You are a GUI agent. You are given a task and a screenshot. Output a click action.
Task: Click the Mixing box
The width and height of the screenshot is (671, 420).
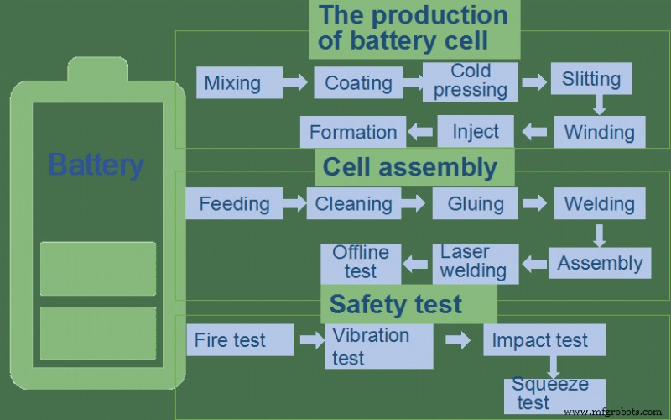coord(232,82)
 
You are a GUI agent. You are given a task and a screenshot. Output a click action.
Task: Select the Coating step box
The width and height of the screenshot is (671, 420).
coord(358,82)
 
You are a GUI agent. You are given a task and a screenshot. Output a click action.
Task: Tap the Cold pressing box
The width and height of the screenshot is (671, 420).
coord(470,81)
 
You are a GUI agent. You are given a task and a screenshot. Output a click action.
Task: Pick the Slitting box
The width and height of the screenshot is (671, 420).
coord(591,80)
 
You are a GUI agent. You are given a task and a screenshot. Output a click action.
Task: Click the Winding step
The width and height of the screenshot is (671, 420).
coord(599,132)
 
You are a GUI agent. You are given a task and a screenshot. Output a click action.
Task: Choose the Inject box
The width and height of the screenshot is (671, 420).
coord(476,131)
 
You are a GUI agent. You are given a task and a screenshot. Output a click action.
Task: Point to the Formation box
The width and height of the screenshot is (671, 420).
coord(352,132)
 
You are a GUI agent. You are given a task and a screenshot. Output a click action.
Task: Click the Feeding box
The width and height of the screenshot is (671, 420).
coord(234,203)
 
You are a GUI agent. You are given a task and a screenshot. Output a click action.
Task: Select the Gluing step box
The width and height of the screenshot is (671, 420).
coord(476,203)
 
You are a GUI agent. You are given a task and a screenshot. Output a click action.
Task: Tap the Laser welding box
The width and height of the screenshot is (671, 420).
coord(473,262)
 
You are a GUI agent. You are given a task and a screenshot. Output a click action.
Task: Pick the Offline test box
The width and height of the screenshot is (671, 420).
coord(361,262)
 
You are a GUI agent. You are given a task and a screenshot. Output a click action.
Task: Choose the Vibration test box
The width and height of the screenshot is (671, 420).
coord(378,346)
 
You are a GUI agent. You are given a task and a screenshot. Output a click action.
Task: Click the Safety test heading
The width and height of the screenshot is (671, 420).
coord(396,304)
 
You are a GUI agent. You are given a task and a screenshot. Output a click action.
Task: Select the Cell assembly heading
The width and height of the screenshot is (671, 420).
coord(410,167)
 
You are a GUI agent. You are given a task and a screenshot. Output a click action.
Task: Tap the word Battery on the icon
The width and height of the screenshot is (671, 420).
coord(96,164)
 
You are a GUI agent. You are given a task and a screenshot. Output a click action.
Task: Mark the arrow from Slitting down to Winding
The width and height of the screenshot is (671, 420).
coord(598,104)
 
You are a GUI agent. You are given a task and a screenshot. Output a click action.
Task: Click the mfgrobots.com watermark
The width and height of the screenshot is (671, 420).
coord(616,412)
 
